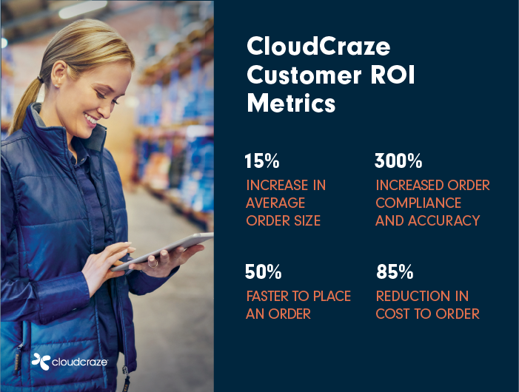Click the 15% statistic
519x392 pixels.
tap(262, 161)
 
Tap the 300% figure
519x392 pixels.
tap(398, 161)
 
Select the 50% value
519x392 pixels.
tap(263, 271)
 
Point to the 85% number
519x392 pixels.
tap(395, 271)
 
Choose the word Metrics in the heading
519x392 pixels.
tap(291, 103)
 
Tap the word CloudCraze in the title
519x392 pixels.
tap(318, 46)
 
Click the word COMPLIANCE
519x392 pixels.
tap(418, 203)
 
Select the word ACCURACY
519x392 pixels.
tap(444, 220)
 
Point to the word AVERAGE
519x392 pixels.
tap(275, 203)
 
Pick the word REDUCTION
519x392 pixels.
tap(412, 296)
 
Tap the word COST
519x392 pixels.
tap(392, 314)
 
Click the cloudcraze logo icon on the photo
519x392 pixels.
tap(41, 361)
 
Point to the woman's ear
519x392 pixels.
tap(59, 74)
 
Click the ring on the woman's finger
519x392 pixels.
tap(153, 263)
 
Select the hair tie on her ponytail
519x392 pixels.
tap(41, 79)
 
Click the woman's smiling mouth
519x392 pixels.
tap(91, 118)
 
